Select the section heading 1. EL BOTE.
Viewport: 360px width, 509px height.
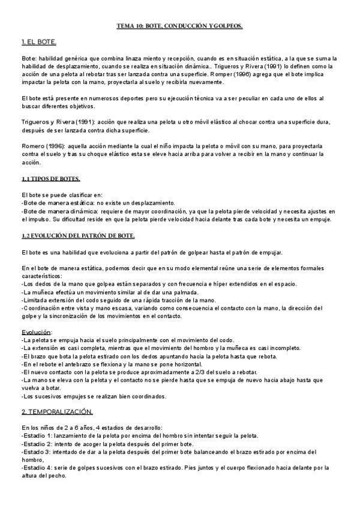click(x=39, y=42)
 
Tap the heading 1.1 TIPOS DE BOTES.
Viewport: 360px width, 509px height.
click(x=50, y=179)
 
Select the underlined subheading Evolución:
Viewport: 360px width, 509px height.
click(x=37, y=331)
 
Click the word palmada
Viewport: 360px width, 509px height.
click(x=183, y=292)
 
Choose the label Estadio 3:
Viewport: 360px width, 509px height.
click(x=37, y=451)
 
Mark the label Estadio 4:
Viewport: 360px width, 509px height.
click(x=37, y=467)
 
